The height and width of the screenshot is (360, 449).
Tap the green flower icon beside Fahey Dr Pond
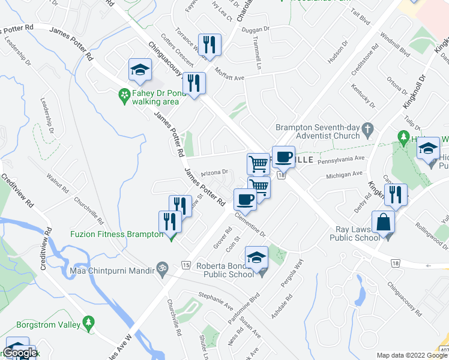coord(124,94)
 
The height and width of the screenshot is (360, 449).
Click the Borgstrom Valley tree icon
coord(89,325)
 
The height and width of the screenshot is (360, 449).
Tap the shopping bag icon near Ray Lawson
coord(383,222)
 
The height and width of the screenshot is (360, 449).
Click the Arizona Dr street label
coord(214,172)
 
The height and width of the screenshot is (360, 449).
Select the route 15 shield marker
coord(185,265)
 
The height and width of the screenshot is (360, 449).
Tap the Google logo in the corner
coord(20,353)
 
